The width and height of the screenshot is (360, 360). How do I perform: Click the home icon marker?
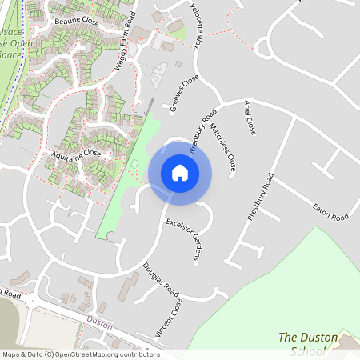point(180,173)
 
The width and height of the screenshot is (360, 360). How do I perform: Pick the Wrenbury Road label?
point(202,131)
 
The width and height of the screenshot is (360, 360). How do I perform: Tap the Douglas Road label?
point(160,277)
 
